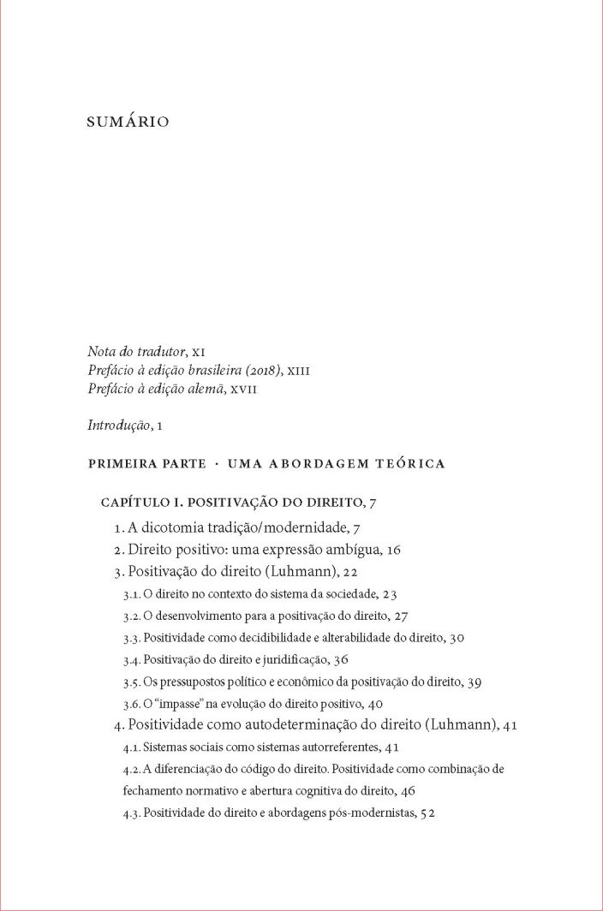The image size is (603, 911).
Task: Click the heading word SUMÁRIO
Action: [x=128, y=122]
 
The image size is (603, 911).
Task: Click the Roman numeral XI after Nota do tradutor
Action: [x=200, y=352]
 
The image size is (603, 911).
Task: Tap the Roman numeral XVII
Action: [x=242, y=390]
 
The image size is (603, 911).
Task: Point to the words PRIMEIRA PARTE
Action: [x=146, y=463]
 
